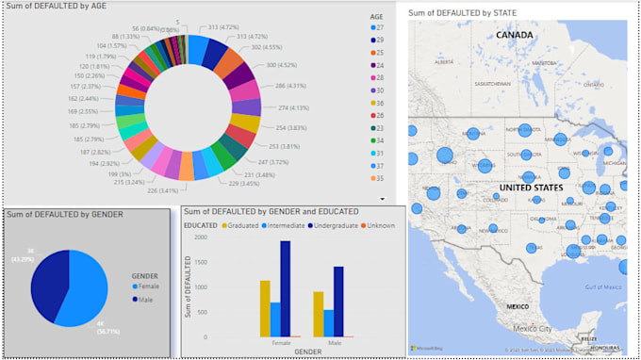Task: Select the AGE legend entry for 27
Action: point(378,28)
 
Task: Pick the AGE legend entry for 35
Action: point(378,176)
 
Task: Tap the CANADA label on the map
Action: point(515,35)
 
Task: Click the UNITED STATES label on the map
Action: point(531,188)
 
